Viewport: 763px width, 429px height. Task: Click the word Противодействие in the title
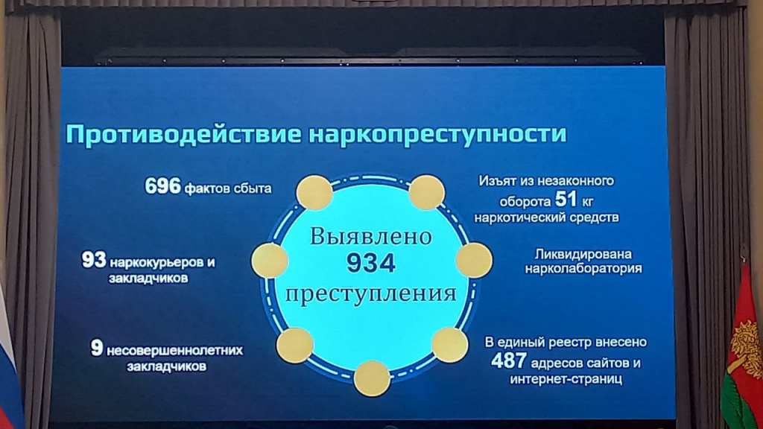coord(183,134)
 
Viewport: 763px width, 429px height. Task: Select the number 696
coord(162,185)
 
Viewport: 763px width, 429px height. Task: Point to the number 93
coord(93,260)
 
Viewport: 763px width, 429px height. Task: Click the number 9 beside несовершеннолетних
coord(97,348)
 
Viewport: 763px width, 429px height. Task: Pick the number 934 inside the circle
coord(371,263)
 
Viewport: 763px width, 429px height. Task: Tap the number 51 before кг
coord(566,198)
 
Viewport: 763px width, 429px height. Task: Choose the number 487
coord(508,361)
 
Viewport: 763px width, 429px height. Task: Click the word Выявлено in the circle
coord(371,236)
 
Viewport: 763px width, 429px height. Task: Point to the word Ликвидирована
coord(583,255)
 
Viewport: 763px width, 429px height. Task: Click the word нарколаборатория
coord(583,268)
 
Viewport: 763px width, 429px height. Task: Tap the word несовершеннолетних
coord(174,350)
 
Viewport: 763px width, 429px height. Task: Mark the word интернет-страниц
coord(566,379)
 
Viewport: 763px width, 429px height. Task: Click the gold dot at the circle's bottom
coord(372,378)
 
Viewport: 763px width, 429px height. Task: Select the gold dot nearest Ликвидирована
coord(474,261)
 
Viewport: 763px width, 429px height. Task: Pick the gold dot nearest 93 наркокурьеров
coord(270,261)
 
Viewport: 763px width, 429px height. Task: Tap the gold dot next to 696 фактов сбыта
coord(315,193)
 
